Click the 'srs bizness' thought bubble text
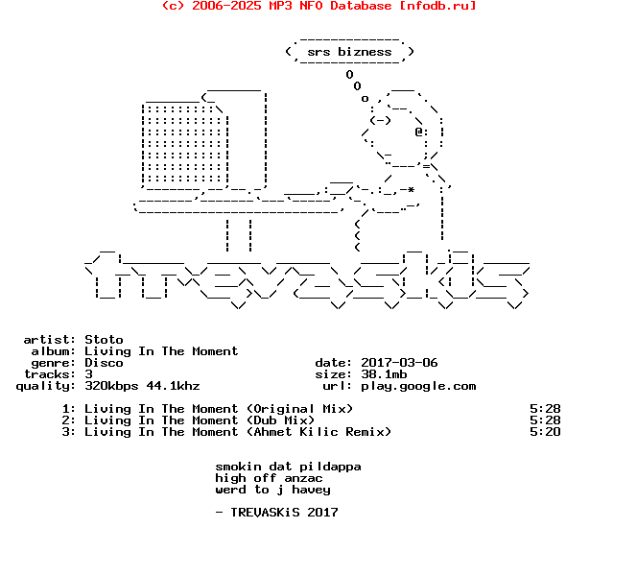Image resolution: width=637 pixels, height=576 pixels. [x=349, y=52]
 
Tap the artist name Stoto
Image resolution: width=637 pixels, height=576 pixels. [x=104, y=340]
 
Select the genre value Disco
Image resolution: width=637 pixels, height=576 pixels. [x=104, y=363]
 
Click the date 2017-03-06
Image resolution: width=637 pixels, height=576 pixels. [x=399, y=363]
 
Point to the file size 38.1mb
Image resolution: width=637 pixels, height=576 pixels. [x=384, y=374]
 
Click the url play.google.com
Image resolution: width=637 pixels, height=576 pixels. [x=418, y=386]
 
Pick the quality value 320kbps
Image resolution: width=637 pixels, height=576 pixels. [x=111, y=386]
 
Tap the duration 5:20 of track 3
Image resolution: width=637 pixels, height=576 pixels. [x=545, y=432]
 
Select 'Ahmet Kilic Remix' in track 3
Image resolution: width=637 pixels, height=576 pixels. [x=318, y=432]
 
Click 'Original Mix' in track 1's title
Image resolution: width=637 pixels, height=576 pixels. [x=299, y=409]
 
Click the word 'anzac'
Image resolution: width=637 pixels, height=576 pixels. [x=303, y=478]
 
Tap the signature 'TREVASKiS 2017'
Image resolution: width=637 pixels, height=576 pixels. [x=284, y=513]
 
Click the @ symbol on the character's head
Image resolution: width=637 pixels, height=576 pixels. [x=418, y=132]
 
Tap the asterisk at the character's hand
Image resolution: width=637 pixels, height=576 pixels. [x=411, y=190]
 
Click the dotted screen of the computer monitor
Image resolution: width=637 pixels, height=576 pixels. [x=184, y=144]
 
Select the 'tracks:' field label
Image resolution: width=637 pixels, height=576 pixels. [x=50, y=374]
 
